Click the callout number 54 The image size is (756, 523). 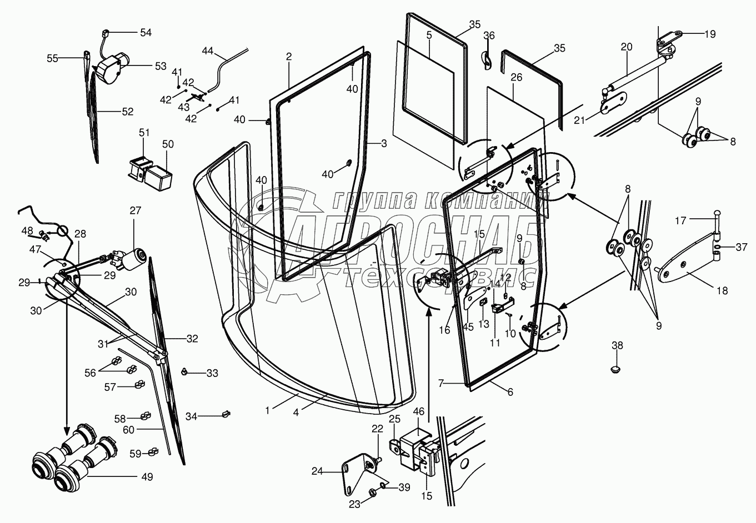coord(146,33)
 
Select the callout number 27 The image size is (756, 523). coord(136,210)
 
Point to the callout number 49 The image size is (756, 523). coord(147,477)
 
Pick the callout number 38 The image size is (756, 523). coord(617,345)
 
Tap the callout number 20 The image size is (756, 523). coord(627,47)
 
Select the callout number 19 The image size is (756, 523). coord(710,34)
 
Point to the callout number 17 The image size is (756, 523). coord(681,220)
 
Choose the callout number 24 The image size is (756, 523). coord(317,471)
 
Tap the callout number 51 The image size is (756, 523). coord(144,133)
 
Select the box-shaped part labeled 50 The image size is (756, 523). coord(158,177)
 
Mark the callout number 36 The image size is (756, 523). coord(489,36)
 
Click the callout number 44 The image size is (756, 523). coord(208,51)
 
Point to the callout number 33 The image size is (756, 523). coord(212,373)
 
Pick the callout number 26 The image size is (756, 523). coord(517,77)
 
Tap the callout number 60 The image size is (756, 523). coord(128,430)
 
